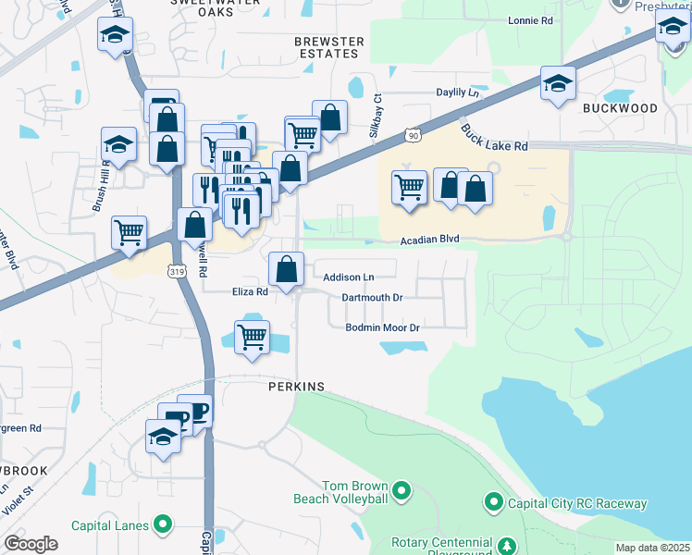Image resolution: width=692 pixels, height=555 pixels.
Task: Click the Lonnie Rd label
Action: tap(530, 19)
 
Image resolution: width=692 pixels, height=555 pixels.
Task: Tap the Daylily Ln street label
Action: tap(459, 93)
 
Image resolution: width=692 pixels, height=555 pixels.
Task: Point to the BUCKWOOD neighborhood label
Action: tap(620, 108)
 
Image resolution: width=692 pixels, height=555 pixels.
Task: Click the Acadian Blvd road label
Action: tap(429, 240)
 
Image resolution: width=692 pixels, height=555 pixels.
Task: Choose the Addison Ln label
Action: tap(349, 277)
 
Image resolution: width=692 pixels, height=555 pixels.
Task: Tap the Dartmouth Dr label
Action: tap(373, 298)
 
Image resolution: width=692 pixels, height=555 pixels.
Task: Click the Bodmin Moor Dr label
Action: tap(383, 328)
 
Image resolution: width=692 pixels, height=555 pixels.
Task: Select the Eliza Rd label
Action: tap(250, 291)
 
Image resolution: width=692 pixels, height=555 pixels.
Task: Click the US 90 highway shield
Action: tap(412, 137)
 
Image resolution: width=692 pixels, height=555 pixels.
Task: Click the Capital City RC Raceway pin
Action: tap(494, 503)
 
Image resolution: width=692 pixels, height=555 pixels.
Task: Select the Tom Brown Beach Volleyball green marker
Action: tap(402, 489)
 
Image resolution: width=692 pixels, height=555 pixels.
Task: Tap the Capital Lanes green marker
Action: tap(164, 525)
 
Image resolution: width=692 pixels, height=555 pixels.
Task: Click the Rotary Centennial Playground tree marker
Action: tap(506, 543)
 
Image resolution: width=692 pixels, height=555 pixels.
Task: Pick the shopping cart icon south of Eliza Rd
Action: tap(252, 337)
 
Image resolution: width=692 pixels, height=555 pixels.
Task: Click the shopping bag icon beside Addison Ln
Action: tap(287, 269)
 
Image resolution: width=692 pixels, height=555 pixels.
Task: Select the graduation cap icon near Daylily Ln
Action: tap(558, 84)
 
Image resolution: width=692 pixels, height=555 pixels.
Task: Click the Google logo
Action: tap(31, 544)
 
